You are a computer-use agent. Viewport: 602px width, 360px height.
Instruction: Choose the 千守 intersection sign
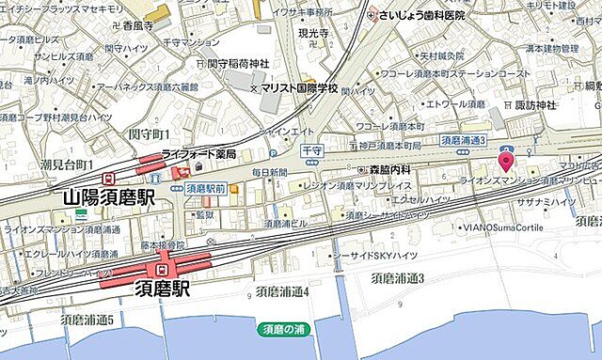click(312, 149)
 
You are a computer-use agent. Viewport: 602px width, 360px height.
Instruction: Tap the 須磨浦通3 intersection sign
click(464, 140)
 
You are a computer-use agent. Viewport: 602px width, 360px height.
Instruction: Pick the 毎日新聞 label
click(268, 173)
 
